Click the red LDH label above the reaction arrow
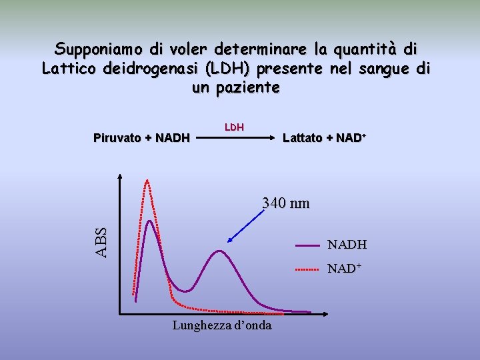234,127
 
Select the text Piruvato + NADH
141,139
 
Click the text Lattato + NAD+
325,139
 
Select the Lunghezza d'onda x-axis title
222,326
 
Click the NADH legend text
347,245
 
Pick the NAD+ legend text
344,269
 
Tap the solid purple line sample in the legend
308,246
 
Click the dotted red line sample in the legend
308,270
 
